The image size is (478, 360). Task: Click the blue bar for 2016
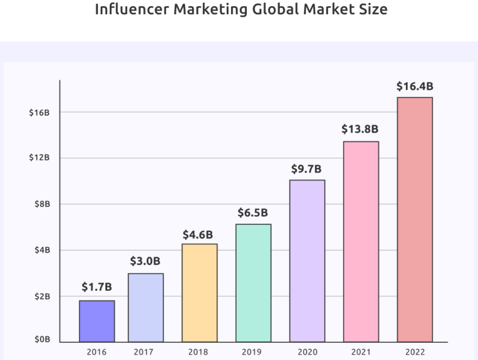[97, 321]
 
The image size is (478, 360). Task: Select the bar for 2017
[145, 307]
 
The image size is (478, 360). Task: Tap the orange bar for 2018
[200, 293]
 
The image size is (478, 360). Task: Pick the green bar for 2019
[253, 283]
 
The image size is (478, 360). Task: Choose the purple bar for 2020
[307, 261]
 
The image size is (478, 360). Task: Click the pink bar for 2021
[360, 242]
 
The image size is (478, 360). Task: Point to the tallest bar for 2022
[414, 220]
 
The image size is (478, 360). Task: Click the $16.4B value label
[414, 87]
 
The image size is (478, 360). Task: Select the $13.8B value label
[360, 129]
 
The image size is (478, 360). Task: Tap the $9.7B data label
[306, 169]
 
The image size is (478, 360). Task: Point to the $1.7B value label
[97, 287]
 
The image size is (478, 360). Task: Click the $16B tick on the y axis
[39, 112]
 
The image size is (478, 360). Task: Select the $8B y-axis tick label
[42, 204]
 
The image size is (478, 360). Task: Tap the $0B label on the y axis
[42, 340]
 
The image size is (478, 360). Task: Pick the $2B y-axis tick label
[42, 296]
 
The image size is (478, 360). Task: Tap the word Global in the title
[277, 9]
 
